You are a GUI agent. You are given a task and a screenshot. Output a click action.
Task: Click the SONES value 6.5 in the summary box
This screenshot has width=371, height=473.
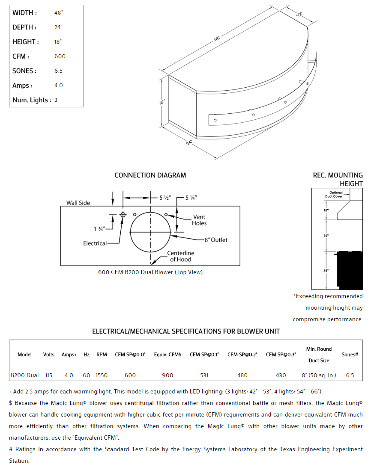(x=58, y=71)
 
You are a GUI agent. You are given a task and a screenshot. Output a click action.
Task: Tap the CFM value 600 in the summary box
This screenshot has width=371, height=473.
(x=60, y=56)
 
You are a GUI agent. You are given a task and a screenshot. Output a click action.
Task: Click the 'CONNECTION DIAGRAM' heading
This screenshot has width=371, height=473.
(x=150, y=175)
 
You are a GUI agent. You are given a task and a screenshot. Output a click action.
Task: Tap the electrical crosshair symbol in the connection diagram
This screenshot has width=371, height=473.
(x=123, y=214)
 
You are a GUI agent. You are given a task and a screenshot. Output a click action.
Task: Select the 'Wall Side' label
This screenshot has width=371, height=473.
(x=78, y=203)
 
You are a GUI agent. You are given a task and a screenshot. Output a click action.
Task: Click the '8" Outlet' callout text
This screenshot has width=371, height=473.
(x=216, y=240)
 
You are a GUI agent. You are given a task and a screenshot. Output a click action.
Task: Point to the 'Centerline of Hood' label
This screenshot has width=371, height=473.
(x=180, y=256)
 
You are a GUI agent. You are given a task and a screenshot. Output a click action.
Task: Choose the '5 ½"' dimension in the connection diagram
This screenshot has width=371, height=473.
(x=165, y=198)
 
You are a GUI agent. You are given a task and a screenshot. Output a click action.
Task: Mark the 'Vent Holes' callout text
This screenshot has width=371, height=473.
(x=199, y=220)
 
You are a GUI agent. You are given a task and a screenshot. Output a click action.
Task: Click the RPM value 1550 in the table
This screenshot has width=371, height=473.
(x=102, y=375)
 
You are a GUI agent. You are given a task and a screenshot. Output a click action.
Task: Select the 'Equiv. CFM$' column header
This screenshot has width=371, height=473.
(x=168, y=355)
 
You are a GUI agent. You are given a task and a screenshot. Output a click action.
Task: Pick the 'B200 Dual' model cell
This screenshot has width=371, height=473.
(x=24, y=375)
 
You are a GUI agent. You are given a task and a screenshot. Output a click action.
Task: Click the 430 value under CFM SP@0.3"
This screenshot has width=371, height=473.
(x=281, y=375)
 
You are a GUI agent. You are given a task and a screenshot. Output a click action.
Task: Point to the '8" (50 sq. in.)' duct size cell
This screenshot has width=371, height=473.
(x=319, y=375)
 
